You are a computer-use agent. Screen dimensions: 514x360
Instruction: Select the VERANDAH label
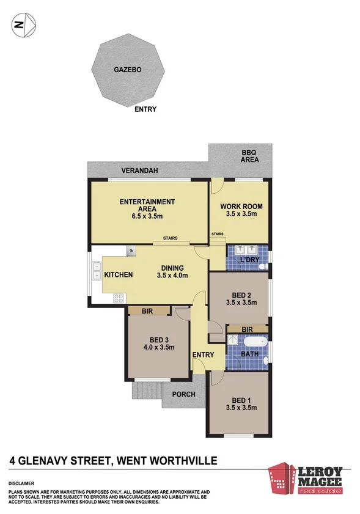[136, 171]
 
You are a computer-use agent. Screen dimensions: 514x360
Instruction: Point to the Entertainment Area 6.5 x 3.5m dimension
[147, 216]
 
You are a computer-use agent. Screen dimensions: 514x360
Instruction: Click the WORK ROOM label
[241, 206]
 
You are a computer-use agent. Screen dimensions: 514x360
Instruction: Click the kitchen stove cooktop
[119, 298]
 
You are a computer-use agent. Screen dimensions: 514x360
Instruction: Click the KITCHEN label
[118, 276]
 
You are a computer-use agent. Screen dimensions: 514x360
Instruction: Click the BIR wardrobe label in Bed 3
[147, 311]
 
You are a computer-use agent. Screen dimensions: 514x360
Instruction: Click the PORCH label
[183, 394]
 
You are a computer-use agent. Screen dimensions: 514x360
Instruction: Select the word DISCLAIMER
[21, 482]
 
